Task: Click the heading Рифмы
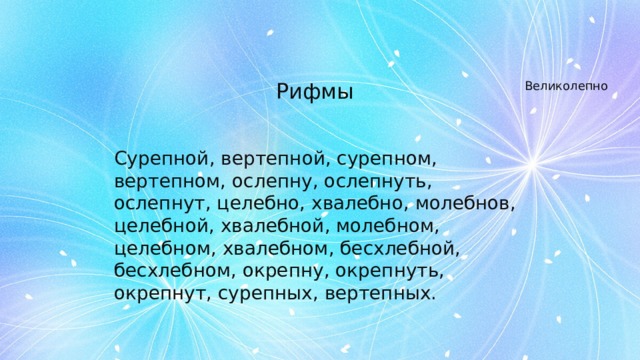(x=314, y=92)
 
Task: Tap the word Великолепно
(x=567, y=87)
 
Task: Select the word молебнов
(x=463, y=205)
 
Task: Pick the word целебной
(x=160, y=227)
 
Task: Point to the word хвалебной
(x=268, y=227)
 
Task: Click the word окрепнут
(x=157, y=295)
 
